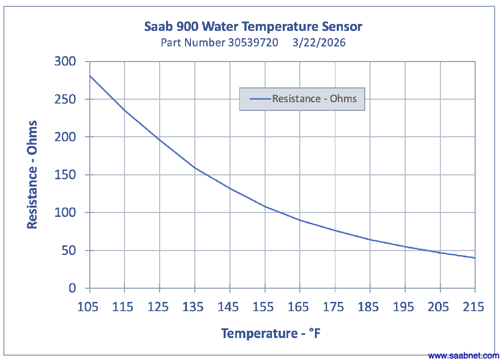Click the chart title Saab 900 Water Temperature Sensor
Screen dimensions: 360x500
tap(253, 26)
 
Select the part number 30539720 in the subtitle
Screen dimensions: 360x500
tap(253, 42)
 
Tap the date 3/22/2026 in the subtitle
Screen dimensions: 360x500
tap(319, 42)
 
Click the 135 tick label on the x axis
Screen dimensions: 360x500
tap(194, 307)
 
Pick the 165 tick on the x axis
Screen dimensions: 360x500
tap(299, 307)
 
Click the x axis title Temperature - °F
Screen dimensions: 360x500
tap(271, 334)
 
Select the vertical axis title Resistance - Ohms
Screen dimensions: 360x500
tap(32, 175)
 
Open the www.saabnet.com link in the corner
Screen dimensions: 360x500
tap(463, 356)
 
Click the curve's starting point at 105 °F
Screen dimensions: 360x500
tap(89, 76)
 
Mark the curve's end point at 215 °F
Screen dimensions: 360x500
tap(475, 258)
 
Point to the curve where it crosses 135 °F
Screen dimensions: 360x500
tap(194, 167)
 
